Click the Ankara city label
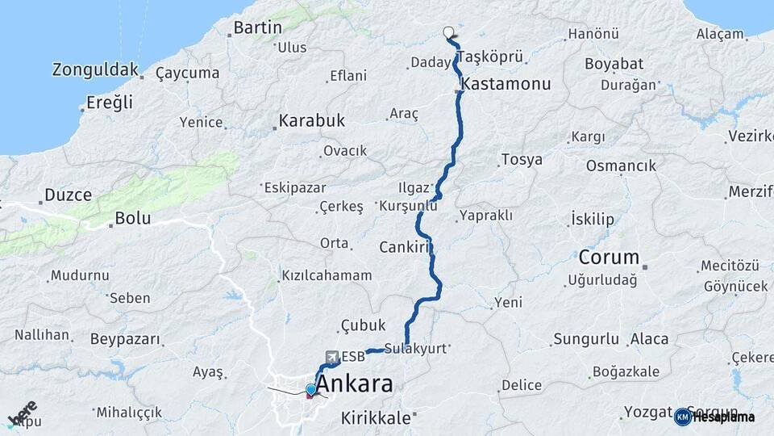click(x=355, y=384)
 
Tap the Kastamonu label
click(x=506, y=84)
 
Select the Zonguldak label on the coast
click(x=95, y=69)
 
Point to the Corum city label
click(x=609, y=258)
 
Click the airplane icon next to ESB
click(x=331, y=356)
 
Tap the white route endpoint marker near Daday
click(x=449, y=33)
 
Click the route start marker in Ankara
click(x=311, y=391)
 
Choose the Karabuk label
click(x=311, y=121)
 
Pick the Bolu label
click(x=133, y=218)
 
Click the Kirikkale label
click(x=376, y=418)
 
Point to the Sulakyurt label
click(x=415, y=349)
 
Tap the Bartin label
click(x=257, y=27)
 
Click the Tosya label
click(x=522, y=159)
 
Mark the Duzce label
click(x=68, y=195)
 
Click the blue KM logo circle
click(x=683, y=417)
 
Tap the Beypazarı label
click(x=125, y=339)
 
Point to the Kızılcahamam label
click(x=327, y=275)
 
